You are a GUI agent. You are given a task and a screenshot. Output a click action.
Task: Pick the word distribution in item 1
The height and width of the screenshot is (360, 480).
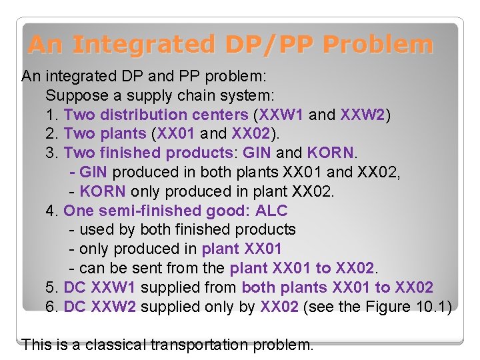pyautogui.click(x=141, y=115)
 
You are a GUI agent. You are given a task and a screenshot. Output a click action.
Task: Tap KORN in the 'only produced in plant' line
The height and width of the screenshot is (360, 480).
pyautogui.click(x=102, y=191)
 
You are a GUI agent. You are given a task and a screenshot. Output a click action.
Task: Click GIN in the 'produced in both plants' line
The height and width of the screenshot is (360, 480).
pyautogui.click(x=93, y=172)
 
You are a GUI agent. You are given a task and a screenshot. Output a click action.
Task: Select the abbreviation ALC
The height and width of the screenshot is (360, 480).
pyautogui.click(x=271, y=211)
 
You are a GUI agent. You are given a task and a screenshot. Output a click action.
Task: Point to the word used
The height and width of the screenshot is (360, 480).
pyautogui.click(x=96, y=229)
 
